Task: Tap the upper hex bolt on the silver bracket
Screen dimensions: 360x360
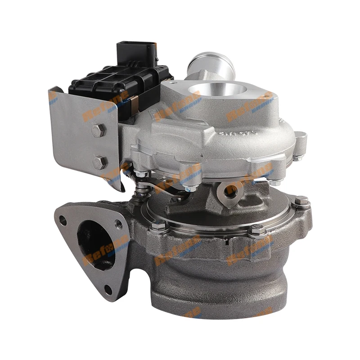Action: point(98,130)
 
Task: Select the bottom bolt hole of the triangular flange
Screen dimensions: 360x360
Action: point(108,290)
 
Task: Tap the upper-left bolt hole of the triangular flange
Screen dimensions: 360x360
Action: point(63,221)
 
